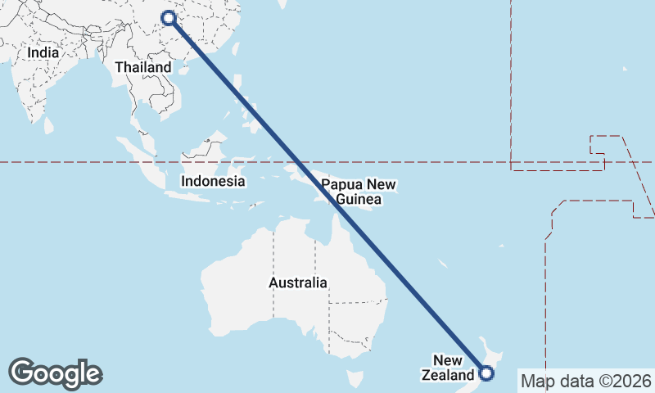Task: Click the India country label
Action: click(43, 52)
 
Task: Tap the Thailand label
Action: click(143, 67)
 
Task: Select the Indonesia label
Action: click(213, 181)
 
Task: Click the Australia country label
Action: click(298, 282)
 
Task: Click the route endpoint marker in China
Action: click(169, 18)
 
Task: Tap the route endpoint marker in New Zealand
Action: click(486, 374)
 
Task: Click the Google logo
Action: click(55, 373)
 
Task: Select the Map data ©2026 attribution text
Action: click(585, 381)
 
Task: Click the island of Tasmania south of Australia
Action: click(355, 379)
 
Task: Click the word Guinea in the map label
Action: click(359, 199)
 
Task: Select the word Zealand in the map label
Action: click(447, 376)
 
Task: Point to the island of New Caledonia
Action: click(442, 264)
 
